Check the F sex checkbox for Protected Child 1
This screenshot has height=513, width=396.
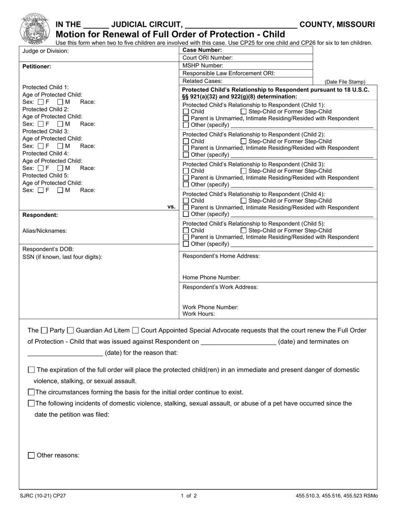(x=41, y=102)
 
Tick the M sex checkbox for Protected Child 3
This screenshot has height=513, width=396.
(x=60, y=146)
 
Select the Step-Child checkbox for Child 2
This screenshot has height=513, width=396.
(x=244, y=141)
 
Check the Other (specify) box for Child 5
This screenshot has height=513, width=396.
(x=186, y=244)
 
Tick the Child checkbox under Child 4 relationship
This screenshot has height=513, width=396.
(x=186, y=201)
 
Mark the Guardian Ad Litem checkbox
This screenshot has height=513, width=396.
(x=70, y=331)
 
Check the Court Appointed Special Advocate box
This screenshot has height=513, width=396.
(x=135, y=331)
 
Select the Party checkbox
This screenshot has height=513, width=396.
(x=45, y=331)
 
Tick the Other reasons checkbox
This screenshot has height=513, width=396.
(x=31, y=455)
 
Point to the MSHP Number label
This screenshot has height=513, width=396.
(x=203, y=65)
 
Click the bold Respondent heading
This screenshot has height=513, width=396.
(x=40, y=215)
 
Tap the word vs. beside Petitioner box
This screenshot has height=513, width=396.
(x=171, y=207)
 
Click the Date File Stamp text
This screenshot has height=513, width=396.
(x=345, y=82)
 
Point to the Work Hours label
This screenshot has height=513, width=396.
(x=199, y=314)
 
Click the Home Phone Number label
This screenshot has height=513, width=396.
(x=211, y=277)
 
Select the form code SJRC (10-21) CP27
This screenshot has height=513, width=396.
(x=43, y=496)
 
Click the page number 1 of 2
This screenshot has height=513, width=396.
(x=189, y=496)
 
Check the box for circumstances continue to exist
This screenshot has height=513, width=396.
(x=31, y=392)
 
